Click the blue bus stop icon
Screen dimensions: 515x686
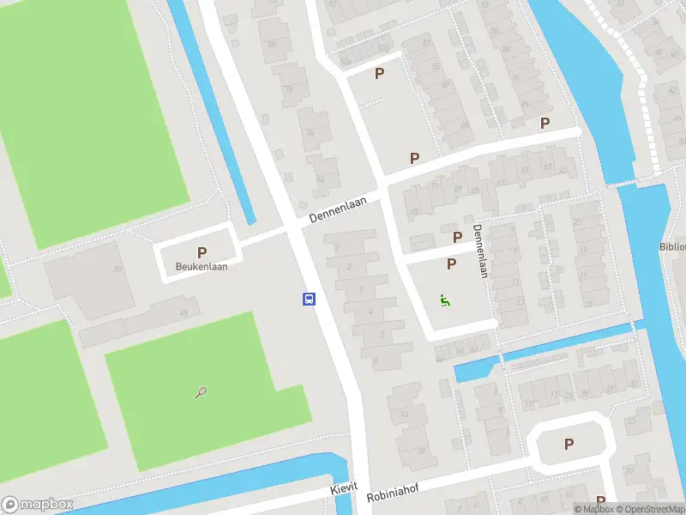tap(309, 299)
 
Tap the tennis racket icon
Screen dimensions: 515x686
tap(201, 393)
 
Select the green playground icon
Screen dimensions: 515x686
tap(444, 300)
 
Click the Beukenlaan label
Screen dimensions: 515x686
tap(202, 267)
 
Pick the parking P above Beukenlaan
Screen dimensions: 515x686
tap(202, 252)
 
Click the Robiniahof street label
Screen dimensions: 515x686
tap(395, 495)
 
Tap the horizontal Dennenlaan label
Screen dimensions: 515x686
tap(338, 209)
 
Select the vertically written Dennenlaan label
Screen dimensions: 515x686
tap(478, 251)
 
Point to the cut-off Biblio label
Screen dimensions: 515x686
tap(672, 247)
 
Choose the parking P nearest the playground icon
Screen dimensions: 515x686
tap(451, 264)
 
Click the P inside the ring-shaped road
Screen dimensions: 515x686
tap(569, 444)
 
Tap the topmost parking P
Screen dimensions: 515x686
tap(379, 74)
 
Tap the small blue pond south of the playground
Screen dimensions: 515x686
tap(471, 372)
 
